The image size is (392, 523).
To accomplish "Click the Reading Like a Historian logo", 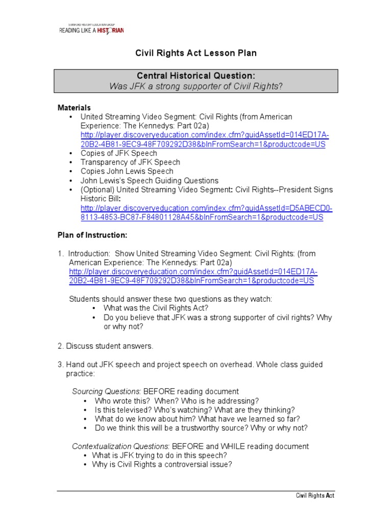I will (x=91, y=29).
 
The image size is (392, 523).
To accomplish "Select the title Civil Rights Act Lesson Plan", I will (x=195, y=53).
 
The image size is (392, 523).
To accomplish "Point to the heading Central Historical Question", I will (x=195, y=76).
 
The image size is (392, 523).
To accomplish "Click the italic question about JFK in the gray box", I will (x=195, y=86).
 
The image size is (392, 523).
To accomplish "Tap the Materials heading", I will (x=74, y=108).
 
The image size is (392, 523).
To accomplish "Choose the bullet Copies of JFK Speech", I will (x=118, y=153).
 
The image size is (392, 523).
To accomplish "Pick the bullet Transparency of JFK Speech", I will (x=130, y=162).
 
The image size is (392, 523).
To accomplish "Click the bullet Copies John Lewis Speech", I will (x=127, y=172).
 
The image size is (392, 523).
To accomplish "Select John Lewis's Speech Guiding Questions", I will (x=149, y=181).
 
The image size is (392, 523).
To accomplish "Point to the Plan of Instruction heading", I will (x=92, y=235).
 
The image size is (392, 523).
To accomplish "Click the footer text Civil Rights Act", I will (x=315, y=496).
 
